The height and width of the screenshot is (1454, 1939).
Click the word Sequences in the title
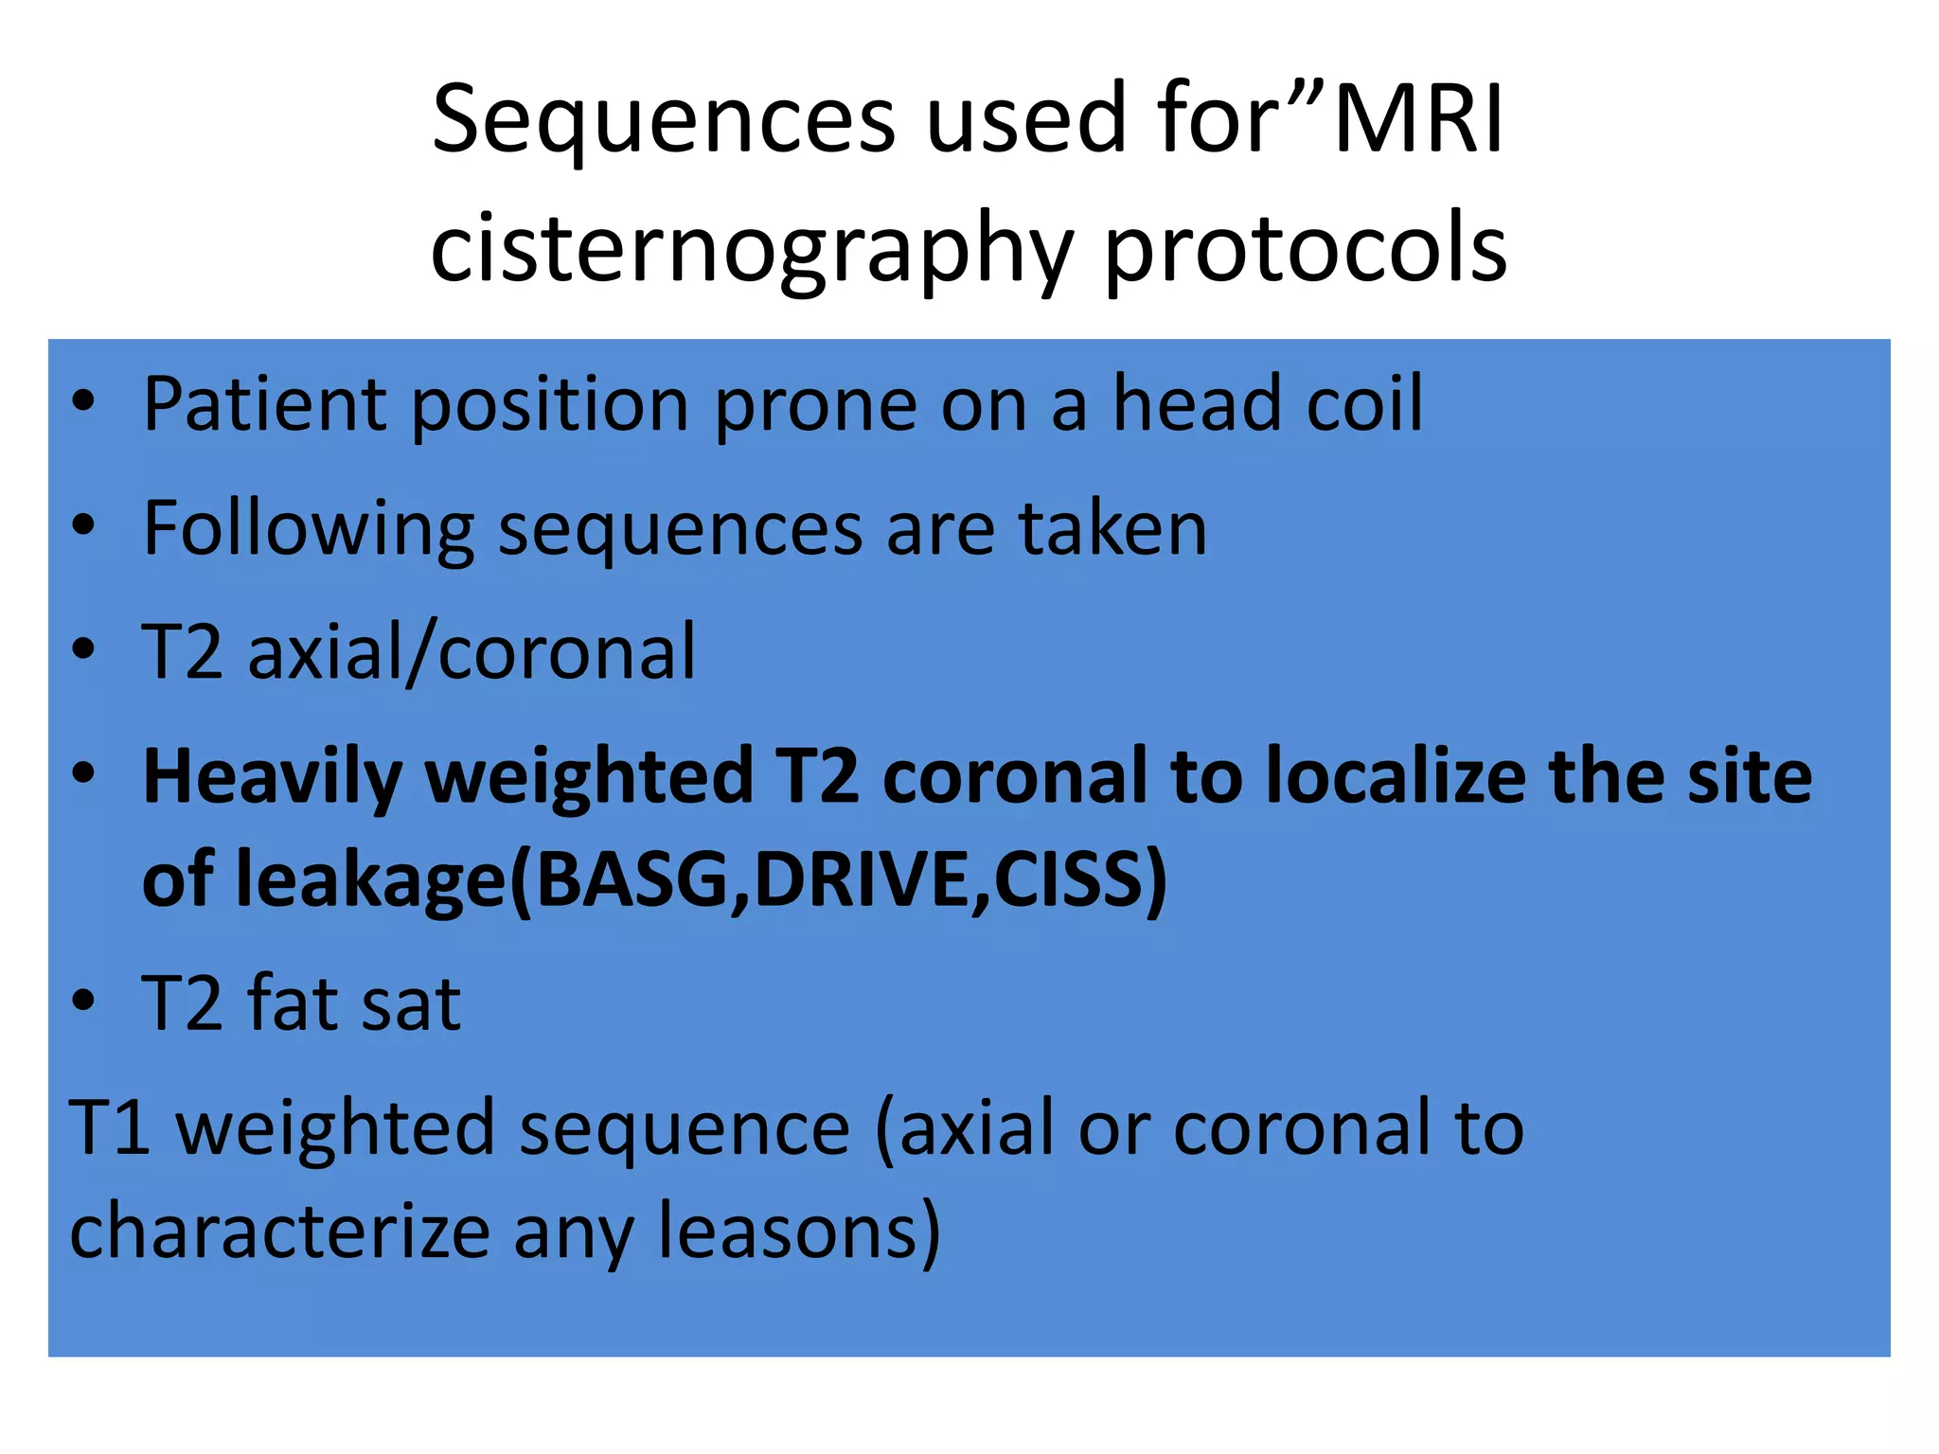coord(663,120)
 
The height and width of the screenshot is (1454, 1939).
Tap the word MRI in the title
coord(1417,120)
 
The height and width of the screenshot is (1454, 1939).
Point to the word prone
coord(815,406)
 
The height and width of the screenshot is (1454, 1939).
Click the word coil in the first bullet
coord(1363,404)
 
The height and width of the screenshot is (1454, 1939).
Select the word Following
coord(308,530)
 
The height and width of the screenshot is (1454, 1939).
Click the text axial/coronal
coord(471,652)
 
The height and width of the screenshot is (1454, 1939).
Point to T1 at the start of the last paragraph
coord(109,1128)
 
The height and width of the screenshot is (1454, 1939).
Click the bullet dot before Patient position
coord(83,402)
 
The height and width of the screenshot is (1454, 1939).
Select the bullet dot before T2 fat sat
coord(83,1001)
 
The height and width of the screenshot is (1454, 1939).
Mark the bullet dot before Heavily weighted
coord(83,773)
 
